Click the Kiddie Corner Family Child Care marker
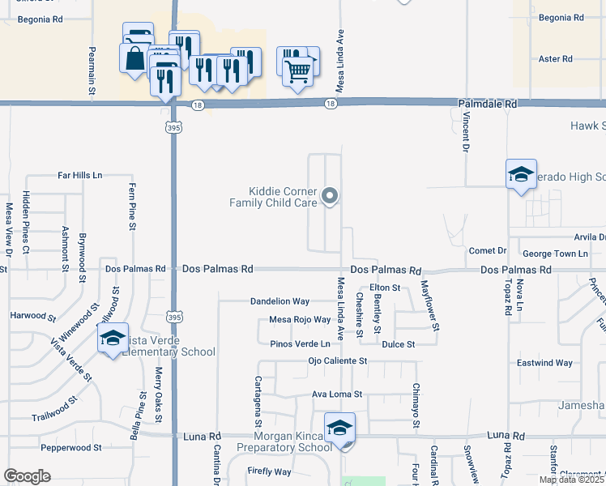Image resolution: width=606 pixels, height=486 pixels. click(x=330, y=195)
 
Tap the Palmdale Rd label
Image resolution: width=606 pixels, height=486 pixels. click(x=488, y=104)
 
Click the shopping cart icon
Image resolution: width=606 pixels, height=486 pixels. click(x=298, y=71)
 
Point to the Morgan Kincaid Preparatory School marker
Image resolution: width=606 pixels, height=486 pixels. click(x=340, y=428)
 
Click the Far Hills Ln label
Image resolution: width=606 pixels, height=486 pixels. click(x=80, y=175)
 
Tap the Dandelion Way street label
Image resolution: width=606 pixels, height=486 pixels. click(x=280, y=301)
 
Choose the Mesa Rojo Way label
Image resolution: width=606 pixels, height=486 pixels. click(x=300, y=320)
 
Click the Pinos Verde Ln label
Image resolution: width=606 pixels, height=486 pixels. click(x=300, y=344)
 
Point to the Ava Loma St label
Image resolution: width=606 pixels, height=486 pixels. click(x=336, y=394)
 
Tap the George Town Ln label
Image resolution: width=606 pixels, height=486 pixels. click(x=555, y=254)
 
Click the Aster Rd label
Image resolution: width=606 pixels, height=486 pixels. click(x=555, y=59)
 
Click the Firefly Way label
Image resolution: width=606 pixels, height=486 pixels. click(x=270, y=471)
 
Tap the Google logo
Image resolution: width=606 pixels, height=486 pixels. click(x=27, y=476)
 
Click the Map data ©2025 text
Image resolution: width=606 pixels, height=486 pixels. click(x=571, y=480)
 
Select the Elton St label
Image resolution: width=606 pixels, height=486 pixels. click(x=385, y=288)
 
